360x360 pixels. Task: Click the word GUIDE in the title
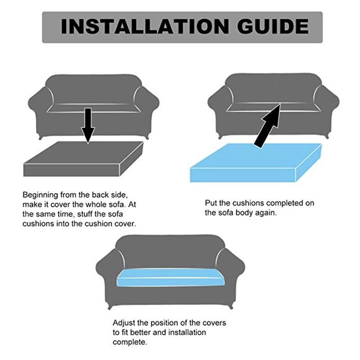273,27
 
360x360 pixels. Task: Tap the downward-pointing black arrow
88,126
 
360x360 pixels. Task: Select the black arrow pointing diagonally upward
267,126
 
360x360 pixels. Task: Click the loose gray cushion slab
83,159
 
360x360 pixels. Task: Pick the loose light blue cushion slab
256,162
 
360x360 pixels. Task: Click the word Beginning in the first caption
40,195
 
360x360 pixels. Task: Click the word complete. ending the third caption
130,342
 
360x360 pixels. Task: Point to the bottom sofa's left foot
110,307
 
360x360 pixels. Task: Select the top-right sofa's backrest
273,88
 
